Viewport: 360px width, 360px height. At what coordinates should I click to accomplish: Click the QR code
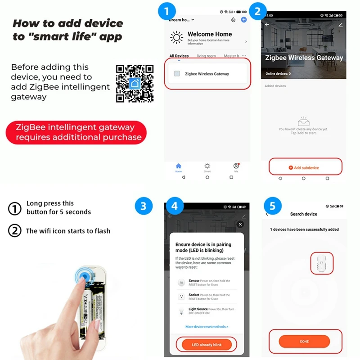(135, 84)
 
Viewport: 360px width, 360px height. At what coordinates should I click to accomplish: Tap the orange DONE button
(304, 342)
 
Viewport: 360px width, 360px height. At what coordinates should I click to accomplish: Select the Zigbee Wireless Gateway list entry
(207, 74)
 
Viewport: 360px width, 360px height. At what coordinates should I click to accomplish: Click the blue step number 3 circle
(143, 207)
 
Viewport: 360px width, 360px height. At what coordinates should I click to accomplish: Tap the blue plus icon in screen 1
(244, 20)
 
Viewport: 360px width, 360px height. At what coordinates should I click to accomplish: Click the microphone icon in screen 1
(233, 20)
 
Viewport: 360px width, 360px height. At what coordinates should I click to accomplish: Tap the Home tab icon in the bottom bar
(179, 166)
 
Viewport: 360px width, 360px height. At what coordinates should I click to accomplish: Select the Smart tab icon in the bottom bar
(207, 166)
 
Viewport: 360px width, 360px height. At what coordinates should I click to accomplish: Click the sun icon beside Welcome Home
(176, 37)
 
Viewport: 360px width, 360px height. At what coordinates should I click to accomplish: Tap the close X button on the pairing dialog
(240, 224)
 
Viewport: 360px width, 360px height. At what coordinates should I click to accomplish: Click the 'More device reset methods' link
(207, 327)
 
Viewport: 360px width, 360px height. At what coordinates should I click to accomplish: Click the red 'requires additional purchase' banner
(76, 132)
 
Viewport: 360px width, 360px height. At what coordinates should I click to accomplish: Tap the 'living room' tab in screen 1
(206, 56)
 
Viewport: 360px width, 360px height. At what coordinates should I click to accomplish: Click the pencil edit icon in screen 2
(341, 25)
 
